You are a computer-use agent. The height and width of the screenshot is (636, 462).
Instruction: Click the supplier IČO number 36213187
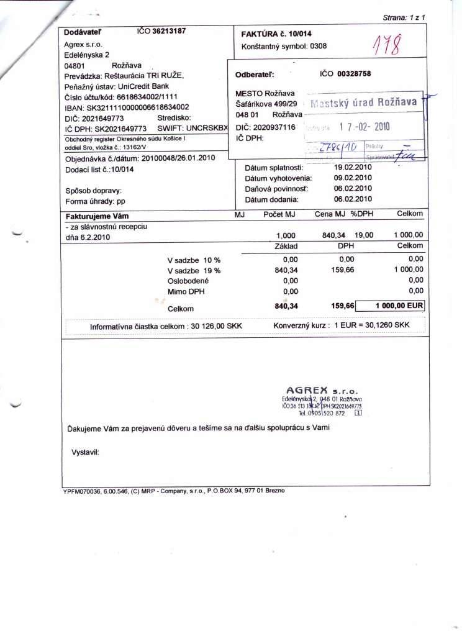169,31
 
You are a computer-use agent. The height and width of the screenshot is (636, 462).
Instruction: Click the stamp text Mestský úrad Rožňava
363,102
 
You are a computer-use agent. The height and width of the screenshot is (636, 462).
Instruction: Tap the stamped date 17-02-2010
364,126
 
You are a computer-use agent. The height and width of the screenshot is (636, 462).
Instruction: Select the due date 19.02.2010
353,168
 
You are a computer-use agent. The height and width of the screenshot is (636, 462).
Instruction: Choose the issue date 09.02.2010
353,178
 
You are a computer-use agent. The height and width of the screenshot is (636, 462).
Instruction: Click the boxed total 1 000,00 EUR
399,306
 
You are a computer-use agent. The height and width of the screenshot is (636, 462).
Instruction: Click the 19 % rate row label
194,271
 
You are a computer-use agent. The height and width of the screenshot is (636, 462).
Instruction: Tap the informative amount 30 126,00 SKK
214,326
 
